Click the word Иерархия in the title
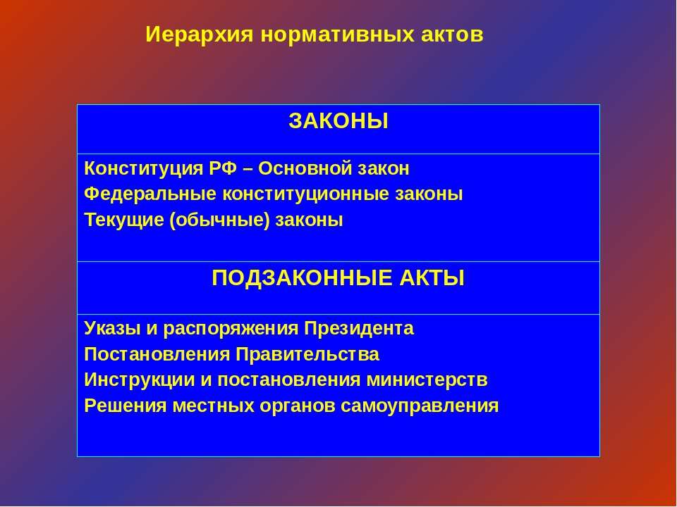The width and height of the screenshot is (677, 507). click(x=199, y=35)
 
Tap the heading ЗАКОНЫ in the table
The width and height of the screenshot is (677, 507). click(x=338, y=121)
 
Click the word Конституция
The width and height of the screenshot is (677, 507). click(x=143, y=168)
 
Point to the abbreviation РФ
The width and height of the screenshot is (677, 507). click(x=224, y=168)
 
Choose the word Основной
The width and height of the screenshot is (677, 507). click(x=305, y=168)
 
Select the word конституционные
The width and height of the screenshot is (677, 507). click(x=305, y=194)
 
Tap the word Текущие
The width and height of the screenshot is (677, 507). click(x=124, y=220)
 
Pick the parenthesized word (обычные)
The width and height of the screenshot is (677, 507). click(x=220, y=220)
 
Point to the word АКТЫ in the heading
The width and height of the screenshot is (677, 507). click(x=432, y=278)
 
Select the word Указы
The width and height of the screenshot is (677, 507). click(x=112, y=329)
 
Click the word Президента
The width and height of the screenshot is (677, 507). click(x=359, y=329)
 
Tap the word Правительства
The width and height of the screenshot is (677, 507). click(x=307, y=354)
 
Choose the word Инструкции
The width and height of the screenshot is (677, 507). click(x=139, y=380)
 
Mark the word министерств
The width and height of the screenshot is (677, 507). click(x=427, y=380)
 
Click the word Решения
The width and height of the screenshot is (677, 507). click(x=126, y=406)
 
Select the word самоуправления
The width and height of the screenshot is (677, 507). click(x=420, y=406)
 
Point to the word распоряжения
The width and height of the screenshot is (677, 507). click(x=231, y=329)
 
